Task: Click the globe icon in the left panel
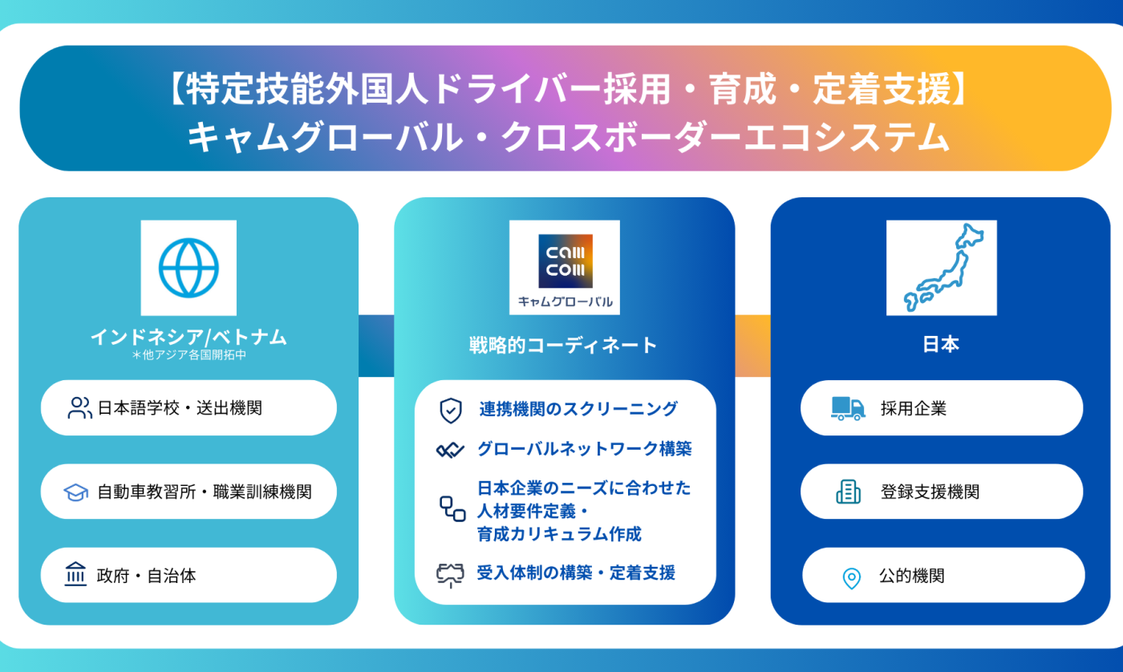pos(189,267)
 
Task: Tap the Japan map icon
pos(941,267)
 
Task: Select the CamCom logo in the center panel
pos(565,261)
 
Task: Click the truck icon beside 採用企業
pos(848,408)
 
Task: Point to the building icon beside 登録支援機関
pos(848,492)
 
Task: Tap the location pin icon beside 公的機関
pos(851,577)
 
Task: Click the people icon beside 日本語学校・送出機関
pos(79,408)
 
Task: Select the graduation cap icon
pos(76,492)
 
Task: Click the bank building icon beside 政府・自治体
pos(75,574)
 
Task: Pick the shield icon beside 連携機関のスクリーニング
pos(451,411)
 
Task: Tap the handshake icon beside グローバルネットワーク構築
pos(450,450)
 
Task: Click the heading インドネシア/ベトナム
pos(189,337)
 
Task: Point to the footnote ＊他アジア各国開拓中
pos(189,354)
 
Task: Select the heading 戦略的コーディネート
pos(563,345)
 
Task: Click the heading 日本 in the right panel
pos(941,345)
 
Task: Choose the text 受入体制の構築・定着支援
pos(576,573)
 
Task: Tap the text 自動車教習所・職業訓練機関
pos(204,492)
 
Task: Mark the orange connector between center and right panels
pos(752,346)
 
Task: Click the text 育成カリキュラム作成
pos(559,534)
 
